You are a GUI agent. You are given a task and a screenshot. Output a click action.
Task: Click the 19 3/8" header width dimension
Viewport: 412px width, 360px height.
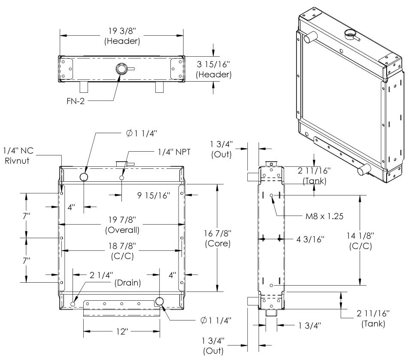[x=122, y=32]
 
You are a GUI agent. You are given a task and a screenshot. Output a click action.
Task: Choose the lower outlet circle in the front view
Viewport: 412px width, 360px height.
[x=160, y=302]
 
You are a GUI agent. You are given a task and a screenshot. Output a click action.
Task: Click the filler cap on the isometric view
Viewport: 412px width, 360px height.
[x=350, y=34]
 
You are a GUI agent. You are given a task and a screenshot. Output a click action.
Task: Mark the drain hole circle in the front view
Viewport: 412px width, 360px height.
[x=73, y=304]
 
